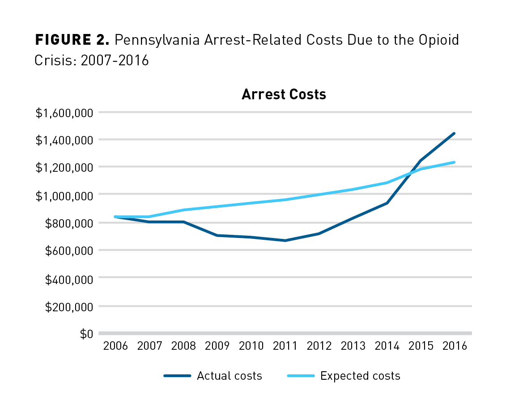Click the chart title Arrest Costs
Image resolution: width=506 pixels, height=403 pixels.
click(x=284, y=95)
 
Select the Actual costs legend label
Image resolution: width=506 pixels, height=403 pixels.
click(x=229, y=376)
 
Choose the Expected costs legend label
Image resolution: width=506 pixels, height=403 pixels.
click(x=360, y=376)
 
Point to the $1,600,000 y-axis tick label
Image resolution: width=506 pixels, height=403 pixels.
click(x=64, y=113)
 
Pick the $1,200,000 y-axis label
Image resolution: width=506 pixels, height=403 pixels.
click(x=64, y=168)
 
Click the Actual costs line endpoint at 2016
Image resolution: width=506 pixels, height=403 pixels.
click(x=455, y=133)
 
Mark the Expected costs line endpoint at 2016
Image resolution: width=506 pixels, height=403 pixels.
click(x=455, y=162)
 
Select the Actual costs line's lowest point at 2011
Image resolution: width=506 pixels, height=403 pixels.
click(x=285, y=241)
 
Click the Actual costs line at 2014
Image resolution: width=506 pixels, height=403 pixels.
click(x=387, y=203)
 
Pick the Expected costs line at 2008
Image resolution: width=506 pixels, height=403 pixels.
click(x=183, y=210)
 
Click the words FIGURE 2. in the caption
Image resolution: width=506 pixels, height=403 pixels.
click(x=72, y=41)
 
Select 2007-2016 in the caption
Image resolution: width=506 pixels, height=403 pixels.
click(x=115, y=60)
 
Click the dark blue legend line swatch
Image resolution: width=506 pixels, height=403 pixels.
click(x=177, y=376)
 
